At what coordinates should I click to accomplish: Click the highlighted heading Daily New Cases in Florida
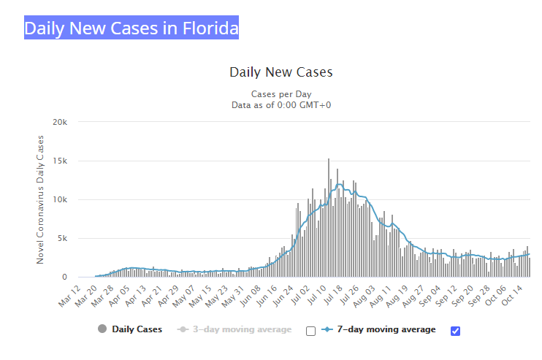point(131,28)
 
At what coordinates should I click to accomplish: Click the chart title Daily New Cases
point(280,72)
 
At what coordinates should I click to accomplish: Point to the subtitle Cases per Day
point(280,94)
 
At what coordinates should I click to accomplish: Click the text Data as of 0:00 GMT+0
point(280,105)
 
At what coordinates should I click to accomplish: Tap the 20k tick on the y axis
point(61,122)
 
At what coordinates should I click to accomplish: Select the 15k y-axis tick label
point(61,161)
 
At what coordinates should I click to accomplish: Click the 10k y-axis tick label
point(61,199)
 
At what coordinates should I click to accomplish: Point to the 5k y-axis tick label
point(63,238)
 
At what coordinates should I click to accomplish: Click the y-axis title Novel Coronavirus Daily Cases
point(41,199)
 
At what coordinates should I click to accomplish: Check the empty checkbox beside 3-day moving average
point(310,331)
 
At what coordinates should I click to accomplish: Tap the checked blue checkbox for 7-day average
point(456,331)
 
